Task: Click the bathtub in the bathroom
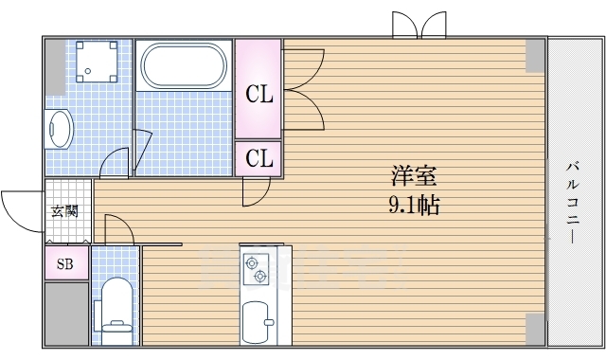pos(184,65)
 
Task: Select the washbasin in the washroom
pos(58,129)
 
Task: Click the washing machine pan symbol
pos(97,62)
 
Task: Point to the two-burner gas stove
pos(256,269)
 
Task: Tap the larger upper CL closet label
pos(259,94)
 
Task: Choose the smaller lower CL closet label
pos(259,158)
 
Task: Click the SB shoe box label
pos(64,264)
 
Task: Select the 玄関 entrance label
pos(64,211)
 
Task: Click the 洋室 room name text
pos(414,175)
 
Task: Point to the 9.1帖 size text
pos(414,205)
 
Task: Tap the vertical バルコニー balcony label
pos(573,203)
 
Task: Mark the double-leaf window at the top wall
pos(419,25)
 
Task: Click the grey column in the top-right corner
pos(535,56)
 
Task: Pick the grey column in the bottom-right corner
pos(535,329)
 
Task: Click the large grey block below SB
pos(67,314)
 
